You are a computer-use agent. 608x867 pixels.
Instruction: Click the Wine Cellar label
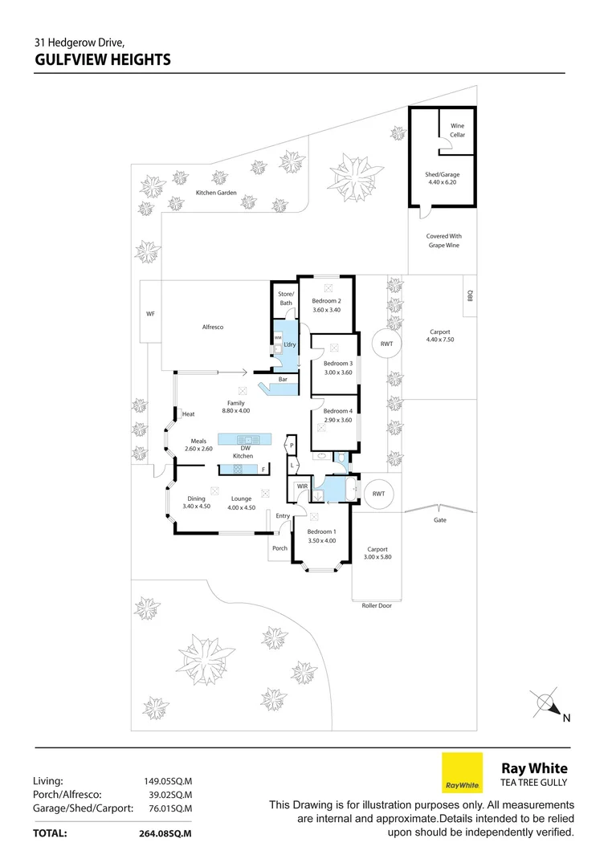coord(457,130)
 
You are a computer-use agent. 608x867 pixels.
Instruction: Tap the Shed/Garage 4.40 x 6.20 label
coord(443,178)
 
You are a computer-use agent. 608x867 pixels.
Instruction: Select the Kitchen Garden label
coord(216,193)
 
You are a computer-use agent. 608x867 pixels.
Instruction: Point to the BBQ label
coord(471,296)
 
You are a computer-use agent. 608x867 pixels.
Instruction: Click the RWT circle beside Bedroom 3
coord(387,344)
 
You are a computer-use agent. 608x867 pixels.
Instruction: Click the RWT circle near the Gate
coord(378,495)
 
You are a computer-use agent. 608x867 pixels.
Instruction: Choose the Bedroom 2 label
coord(327,304)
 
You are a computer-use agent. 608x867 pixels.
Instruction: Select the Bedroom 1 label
coord(322,537)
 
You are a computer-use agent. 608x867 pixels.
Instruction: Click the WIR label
coord(303,486)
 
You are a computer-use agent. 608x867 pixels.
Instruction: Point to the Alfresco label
coord(213,328)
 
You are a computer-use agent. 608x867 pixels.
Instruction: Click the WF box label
coord(150,314)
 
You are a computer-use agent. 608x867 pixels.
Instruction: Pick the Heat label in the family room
coord(189,414)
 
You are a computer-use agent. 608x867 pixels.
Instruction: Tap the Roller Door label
coord(377,605)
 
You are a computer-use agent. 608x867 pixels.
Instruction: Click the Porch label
coord(280,548)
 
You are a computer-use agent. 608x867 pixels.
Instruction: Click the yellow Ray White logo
coord(463,772)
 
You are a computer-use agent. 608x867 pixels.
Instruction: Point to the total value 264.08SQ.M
coord(166,834)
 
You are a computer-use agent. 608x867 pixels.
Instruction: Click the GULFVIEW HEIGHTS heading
coord(103,59)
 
